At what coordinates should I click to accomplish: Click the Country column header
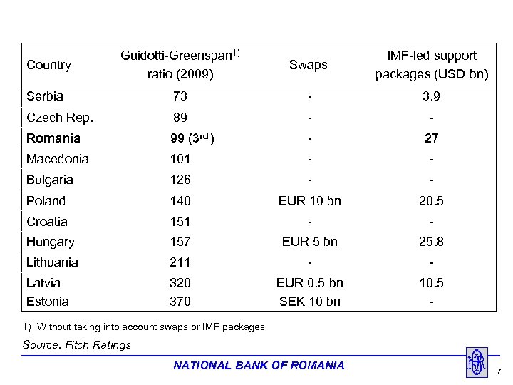click(x=48, y=65)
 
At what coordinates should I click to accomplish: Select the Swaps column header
click(x=309, y=65)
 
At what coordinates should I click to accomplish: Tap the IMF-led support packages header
click(x=432, y=65)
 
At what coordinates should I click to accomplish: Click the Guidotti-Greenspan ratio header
click(x=180, y=65)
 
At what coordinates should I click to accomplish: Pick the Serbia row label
click(x=45, y=96)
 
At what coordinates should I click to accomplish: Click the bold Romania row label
click(x=53, y=138)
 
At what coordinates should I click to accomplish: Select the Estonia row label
click(x=48, y=302)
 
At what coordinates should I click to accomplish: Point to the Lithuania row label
click(x=52, y=262)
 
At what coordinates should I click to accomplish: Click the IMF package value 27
click(x=432, y=138)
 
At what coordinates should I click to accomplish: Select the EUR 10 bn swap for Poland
click(x=310, y=201)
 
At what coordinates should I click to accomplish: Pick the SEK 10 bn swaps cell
click(x=310, y=302)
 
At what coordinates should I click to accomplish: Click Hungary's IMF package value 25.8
click(x=432, y=242)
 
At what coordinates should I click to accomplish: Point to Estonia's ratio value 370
click(x=180, y=302)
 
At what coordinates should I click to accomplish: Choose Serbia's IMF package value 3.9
click(x=432, y=96)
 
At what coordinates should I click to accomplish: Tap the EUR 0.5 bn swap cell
click(x=310, y=283)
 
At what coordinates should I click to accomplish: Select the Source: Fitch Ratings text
click(x=78, y=345)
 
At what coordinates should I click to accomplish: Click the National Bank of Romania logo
click(x=476, y=362)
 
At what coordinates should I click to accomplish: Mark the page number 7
click(x=499, y=371)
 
